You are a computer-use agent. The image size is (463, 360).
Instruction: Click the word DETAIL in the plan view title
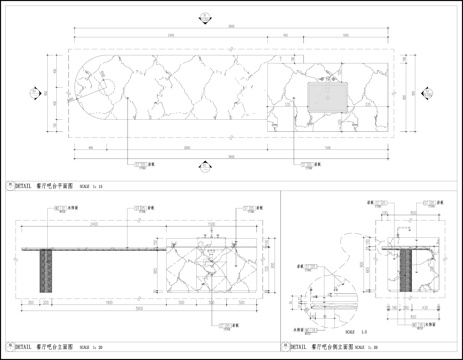point(23,186)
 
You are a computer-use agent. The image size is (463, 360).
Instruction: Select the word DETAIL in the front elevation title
point(23,346)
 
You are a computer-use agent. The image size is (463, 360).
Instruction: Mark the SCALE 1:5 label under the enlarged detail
point(349,329)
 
